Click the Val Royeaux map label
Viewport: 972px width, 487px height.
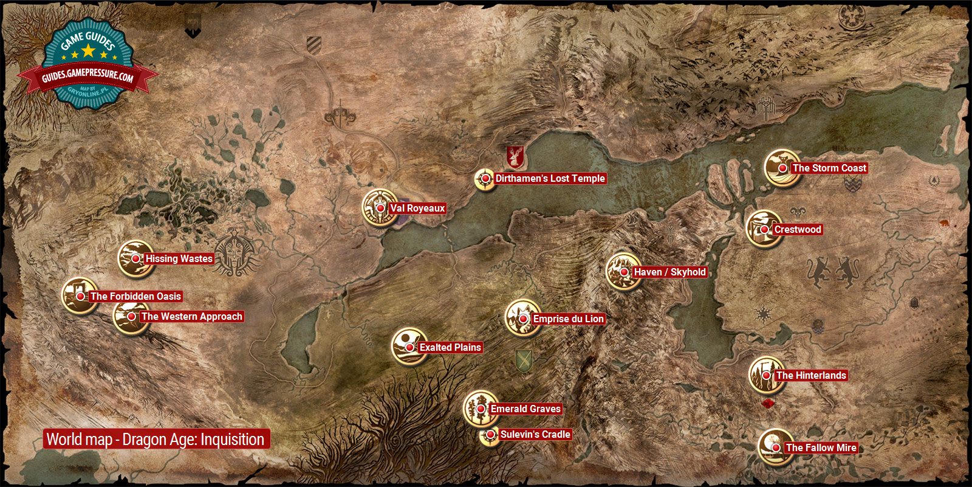pos(417,209)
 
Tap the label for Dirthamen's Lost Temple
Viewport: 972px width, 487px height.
pos(550,179)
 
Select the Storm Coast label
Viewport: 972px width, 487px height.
pos(829,168)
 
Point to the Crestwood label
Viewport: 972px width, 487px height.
pos(798,230)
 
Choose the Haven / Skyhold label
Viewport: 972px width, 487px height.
pos(669,272)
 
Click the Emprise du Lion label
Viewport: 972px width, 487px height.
pos(568,319)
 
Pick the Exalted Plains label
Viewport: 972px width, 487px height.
pos(450,348)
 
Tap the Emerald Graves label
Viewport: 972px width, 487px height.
pos(525,409)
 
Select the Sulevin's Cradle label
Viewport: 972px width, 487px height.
pos(535,435)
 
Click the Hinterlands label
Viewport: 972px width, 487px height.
pos(811,376)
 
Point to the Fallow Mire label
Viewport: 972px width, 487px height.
pos(821,448)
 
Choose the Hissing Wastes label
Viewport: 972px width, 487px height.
pos(179,259)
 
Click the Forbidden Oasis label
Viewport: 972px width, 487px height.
pos(135,297)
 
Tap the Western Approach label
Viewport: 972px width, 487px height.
pos(191,317)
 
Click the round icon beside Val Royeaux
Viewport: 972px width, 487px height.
pos(378,207)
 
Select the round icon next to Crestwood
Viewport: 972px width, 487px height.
pos(763,229)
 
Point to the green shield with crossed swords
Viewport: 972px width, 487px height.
pos(522,361)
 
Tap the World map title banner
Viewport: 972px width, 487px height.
pos(156,440)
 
